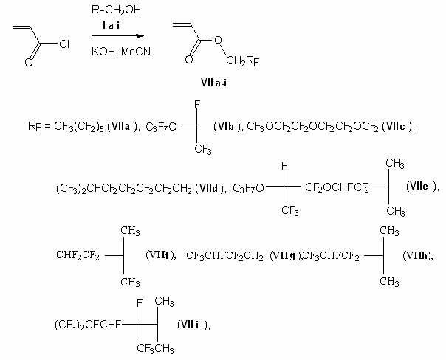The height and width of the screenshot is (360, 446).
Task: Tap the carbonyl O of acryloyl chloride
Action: point(27,62)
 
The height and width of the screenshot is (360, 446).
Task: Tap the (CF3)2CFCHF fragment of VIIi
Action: point(87,324)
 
